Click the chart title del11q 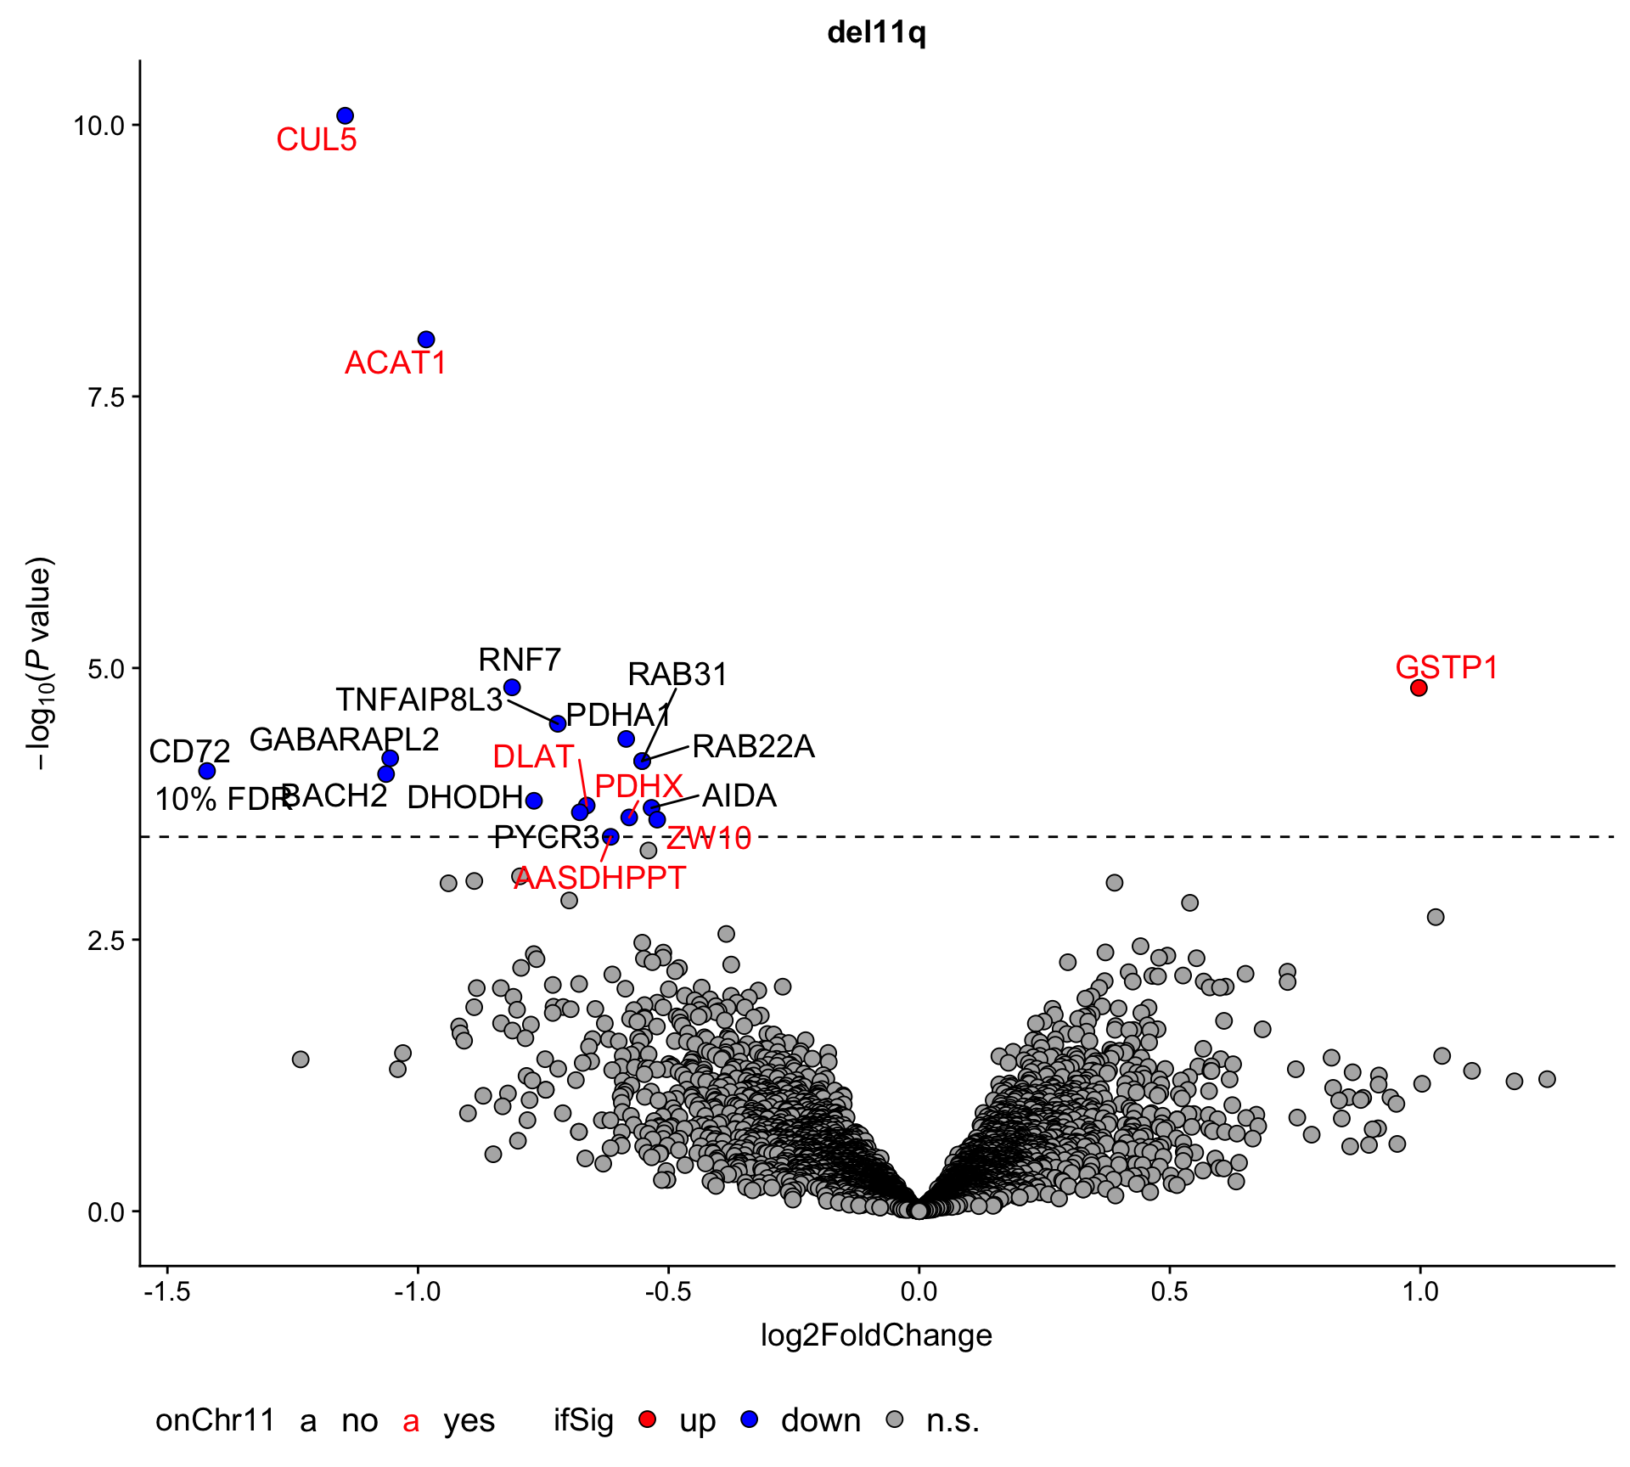tap(876, 33)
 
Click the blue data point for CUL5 tap(345, 115)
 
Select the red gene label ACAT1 tap(396, 363)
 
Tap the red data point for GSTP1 tap(1419, 688)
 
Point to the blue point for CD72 tap(206, 771)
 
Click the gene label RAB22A tap(753, 747)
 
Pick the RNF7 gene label tap(520, 660)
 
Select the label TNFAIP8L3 tap(419, 700)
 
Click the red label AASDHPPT tap(600, 878)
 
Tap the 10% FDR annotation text tap(223, 800)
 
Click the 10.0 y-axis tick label tap(98, 126)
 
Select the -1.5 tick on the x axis tap(166, 1291)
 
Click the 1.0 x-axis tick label tap(1419, 1291)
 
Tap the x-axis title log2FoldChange tap(876, 1335)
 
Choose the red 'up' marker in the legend tap(647, 1419)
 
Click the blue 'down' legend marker tap(749, 1419)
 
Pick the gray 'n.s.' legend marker tap(894, 1419)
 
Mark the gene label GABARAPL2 tap(345, 739)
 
